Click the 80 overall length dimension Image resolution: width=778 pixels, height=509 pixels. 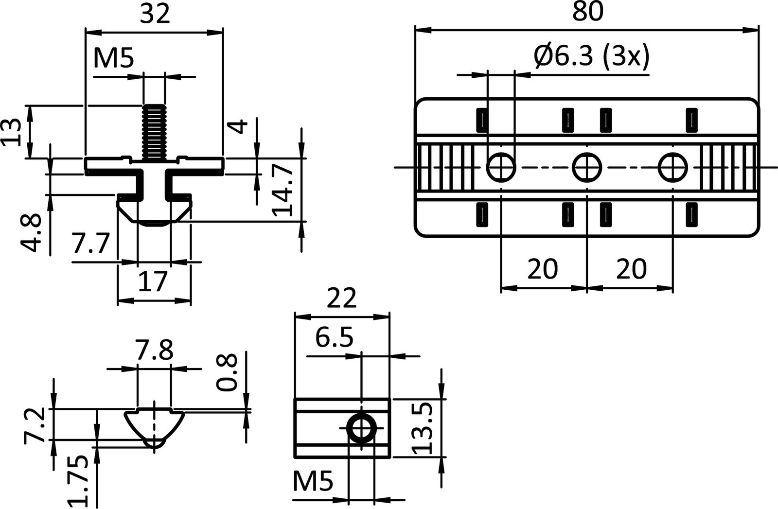[587, 12]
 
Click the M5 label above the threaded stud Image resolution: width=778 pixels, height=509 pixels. [113, 58]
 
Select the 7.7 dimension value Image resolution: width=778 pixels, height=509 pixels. [90, 244]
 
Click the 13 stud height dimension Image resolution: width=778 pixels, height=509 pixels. [12, 132]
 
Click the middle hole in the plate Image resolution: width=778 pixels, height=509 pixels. [587, 167]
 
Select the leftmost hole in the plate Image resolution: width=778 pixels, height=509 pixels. [501, 167]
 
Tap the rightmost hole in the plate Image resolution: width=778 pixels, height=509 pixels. [673, 167]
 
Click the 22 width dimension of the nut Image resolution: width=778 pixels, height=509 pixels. [341, 299]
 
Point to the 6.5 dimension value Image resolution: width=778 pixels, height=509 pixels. [334, 337]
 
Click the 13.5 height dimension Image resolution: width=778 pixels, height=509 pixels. [422, 428]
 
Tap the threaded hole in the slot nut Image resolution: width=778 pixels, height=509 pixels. [362, 428]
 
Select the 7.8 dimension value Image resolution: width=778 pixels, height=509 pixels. [154, 350]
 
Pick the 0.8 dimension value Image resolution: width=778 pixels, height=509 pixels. [227, 373]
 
